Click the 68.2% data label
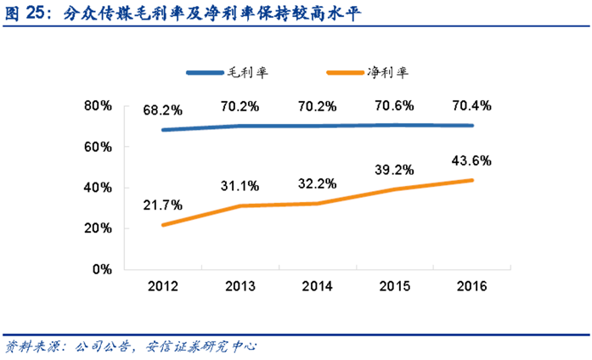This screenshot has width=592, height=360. click(161, 110)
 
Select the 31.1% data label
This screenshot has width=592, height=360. click(240, 187)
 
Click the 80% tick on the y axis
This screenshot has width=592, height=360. click(99, 106)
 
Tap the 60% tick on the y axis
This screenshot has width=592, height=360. click(99, 147)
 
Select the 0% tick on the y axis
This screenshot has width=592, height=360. click(102, 269)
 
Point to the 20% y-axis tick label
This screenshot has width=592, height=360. click(99, 228)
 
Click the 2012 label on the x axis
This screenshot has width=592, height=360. click(161, 286)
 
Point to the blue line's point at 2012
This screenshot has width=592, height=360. click(161, 130)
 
